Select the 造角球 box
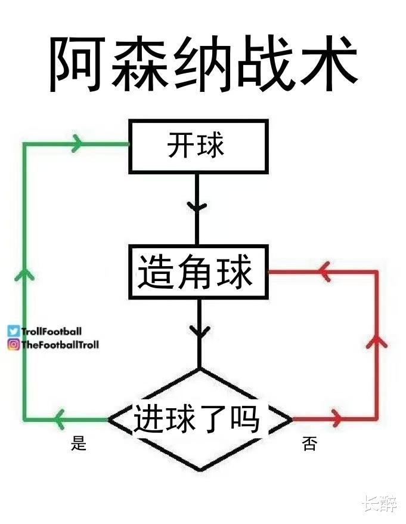[199, 272]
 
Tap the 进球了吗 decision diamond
[200, 420]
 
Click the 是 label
[79, 443]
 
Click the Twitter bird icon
[14, 331]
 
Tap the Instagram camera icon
[14, 344]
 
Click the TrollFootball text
[51, 331]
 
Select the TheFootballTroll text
[60, 344]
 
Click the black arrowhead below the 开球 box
[197, 206]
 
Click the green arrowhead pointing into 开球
[77, 144]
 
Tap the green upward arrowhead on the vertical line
[24, 274]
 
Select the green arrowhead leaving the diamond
[60, 419]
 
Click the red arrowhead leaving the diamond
[337, 418]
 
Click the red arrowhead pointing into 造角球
[323, 272]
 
